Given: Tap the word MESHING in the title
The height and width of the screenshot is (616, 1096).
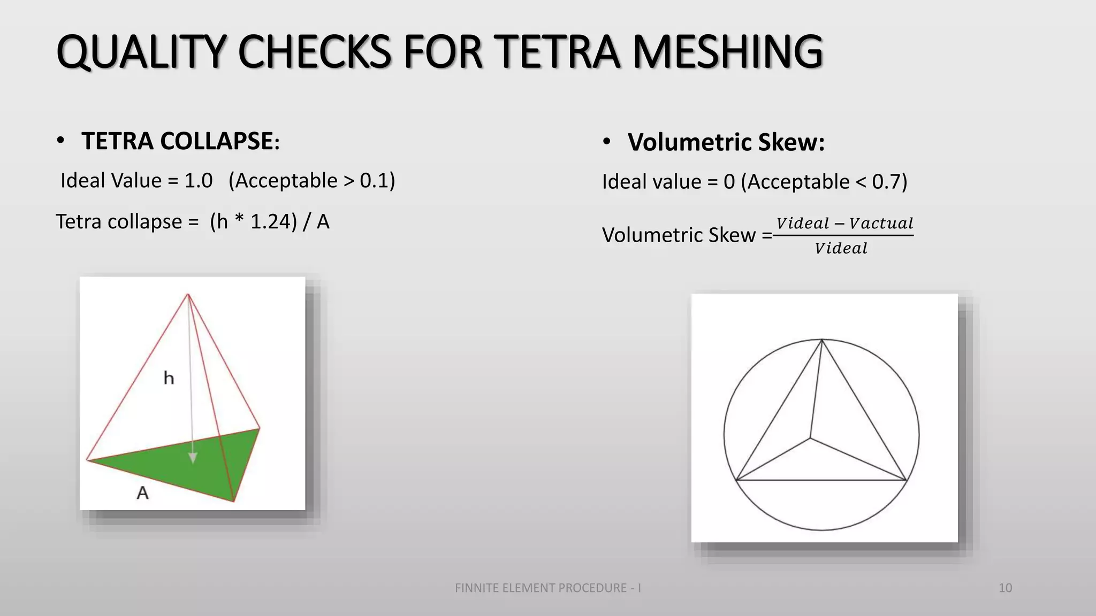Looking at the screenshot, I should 727,52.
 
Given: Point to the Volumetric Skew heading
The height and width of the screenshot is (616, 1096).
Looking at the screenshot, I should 726,142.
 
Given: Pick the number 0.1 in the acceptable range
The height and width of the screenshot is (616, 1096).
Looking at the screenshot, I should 374,181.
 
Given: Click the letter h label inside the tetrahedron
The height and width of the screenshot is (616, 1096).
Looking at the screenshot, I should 169,378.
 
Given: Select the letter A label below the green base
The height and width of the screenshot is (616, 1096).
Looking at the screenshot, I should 142,492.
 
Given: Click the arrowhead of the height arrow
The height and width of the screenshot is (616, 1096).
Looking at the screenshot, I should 193,458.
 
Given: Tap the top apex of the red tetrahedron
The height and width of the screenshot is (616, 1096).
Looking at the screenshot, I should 188,294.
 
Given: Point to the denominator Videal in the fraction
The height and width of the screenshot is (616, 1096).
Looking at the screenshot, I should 841,248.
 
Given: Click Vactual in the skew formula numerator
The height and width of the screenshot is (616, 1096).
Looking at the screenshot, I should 881,223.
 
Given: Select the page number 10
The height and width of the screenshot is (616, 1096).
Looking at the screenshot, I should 1005,588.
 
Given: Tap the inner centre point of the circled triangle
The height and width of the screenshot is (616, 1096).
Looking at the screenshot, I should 810,439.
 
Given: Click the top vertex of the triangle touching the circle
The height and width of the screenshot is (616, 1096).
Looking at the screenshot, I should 822,340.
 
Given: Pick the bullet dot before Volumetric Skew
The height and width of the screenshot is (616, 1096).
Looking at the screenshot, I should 606,142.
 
